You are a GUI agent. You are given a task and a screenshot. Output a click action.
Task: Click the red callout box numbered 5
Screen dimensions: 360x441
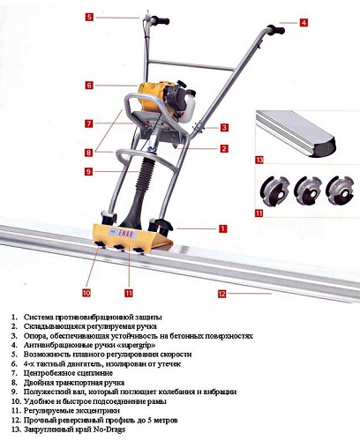(89, 17)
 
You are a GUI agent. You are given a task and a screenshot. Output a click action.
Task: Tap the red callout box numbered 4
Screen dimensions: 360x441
(304, 22)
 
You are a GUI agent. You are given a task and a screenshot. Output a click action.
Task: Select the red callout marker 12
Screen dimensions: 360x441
(222, 294)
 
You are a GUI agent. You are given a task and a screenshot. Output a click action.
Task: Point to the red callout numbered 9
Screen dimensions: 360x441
(89, 171)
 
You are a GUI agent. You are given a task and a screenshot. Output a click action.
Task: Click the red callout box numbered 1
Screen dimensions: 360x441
(222, 228)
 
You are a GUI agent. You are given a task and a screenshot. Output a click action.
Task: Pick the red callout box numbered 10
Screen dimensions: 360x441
(86, 293)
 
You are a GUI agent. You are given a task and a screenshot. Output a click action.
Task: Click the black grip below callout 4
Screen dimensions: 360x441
(276, 30)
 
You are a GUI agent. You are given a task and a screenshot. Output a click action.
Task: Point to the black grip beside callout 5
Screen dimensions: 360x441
(161, 20)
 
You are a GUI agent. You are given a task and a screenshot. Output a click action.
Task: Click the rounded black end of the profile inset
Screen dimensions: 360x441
(323, 146)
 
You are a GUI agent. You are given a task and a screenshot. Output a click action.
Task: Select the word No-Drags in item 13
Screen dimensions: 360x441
(109, 430)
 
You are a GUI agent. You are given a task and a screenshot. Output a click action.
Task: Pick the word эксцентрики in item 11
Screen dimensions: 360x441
(99, 410)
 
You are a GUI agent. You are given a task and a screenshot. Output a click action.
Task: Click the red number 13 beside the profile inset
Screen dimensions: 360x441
(259, 161)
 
